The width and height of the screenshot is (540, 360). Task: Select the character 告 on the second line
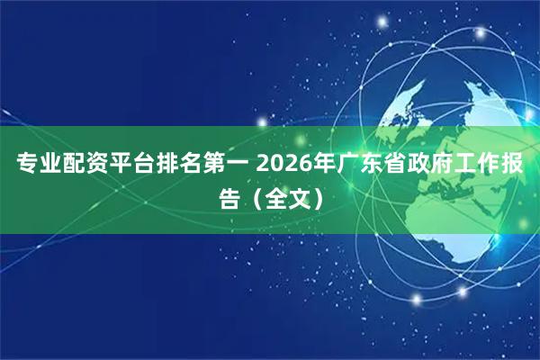click(230, 196)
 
